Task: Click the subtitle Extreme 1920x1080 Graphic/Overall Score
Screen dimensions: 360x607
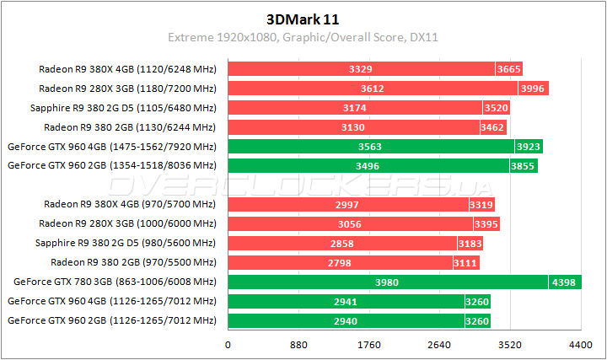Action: (x=303, y=38)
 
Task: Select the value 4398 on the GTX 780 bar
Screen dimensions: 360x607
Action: (x=564, y=282)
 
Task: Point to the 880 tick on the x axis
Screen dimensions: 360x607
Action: (x=298, y=344)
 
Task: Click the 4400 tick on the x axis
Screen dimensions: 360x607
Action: (x=580, y=344)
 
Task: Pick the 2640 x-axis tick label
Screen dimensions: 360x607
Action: (x=438, y=344)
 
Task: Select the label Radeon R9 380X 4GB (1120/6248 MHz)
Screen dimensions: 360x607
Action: (x=127, y=69)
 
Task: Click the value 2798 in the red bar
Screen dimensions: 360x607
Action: (x=341, y=262)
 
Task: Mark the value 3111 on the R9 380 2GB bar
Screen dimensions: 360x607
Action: (x=466, y=262)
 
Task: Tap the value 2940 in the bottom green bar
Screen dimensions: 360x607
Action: (x=346, y=320)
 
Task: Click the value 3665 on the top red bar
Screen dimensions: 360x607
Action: (x=510, y=69)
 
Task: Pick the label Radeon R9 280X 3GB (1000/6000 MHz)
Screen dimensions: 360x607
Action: (x=127, y=223)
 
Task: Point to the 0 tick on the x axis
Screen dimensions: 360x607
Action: (x=228, y=344)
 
